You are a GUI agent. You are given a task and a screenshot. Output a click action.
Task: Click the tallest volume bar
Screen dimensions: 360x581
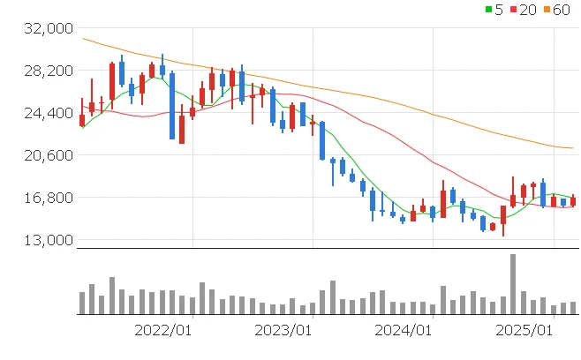click(513, 284)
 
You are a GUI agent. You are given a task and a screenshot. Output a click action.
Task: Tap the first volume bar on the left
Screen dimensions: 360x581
click(82, 303)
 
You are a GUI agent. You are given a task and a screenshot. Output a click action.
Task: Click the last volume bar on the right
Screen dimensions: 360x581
click(573, 308)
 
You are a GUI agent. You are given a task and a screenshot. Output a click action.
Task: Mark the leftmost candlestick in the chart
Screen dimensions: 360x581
click(82, 119)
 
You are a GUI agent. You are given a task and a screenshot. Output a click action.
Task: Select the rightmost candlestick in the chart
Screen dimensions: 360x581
click(573, 201)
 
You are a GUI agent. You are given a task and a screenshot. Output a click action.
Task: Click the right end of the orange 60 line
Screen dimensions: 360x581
click(573, 147)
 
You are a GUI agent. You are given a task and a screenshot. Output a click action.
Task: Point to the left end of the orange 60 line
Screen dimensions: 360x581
click(81, 38)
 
